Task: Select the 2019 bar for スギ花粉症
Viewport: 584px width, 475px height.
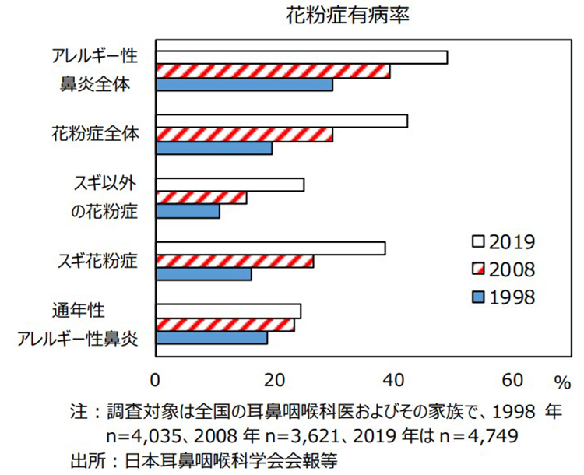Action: click(x=271, y=248)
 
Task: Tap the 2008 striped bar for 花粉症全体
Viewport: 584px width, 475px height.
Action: click(x=245, y=135)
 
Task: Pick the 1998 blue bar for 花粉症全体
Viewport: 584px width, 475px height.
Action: click(x=214, y=148)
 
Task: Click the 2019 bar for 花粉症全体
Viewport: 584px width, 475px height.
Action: click(x=282, y=121)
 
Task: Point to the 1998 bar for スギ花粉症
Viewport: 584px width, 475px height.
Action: click(x=204, y=274)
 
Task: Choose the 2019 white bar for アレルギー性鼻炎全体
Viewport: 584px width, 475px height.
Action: click(x=302, y=57)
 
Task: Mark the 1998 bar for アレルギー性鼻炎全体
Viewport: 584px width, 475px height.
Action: click(x=245, y=84)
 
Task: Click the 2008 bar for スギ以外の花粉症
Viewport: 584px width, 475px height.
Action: click(x=202, y=198)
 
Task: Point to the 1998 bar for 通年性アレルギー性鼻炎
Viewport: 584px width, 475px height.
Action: click(x=212, y=338)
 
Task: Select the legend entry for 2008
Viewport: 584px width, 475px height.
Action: click(x=502, y=269)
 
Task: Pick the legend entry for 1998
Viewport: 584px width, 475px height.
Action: click(x=502, y=296)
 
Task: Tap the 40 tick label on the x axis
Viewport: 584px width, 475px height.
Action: click(x=394, y=381)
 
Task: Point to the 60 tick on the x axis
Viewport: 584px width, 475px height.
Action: click(x=513, y=381)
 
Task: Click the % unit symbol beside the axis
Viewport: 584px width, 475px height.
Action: click(x=562, y=382)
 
